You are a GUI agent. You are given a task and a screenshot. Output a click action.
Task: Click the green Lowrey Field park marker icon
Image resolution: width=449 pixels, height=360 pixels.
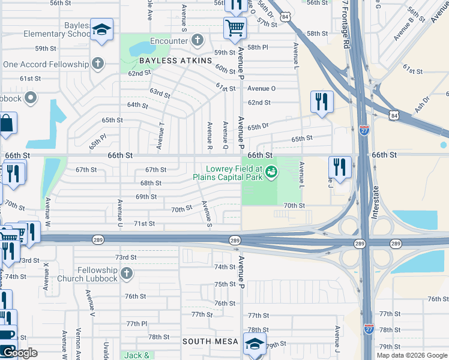tap(271, 173)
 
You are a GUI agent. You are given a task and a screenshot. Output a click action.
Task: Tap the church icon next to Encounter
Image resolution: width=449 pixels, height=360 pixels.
tap(197, 41)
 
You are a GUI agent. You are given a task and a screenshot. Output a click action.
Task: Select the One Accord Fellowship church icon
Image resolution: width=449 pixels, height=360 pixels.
tap(97, 64)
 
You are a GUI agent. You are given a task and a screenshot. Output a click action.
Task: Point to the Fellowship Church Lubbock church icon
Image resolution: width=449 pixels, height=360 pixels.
tap(125, 274)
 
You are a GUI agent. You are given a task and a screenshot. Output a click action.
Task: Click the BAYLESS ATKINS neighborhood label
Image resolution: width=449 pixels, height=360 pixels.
tap(176, 61)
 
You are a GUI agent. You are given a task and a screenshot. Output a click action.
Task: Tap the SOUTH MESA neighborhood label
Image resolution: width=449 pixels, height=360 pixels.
tap(210, 341)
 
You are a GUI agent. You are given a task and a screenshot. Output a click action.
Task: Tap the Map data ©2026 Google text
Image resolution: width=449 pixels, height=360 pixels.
tap(412, 355)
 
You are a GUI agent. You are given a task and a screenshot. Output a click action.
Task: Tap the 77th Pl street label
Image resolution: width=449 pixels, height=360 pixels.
tap(136, 323)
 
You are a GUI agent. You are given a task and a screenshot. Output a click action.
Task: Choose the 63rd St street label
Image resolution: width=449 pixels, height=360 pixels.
tap(160, 94)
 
